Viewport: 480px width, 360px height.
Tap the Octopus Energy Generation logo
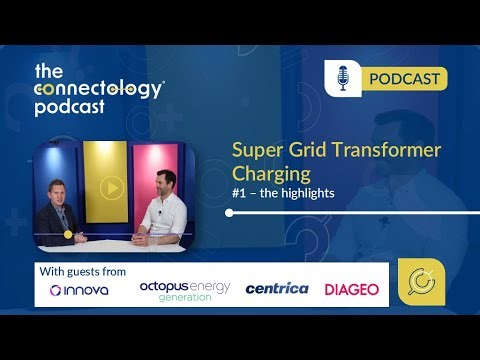coord(184,291)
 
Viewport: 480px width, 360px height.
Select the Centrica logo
coord(277,289)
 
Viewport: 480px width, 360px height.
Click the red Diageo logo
coord(352,290)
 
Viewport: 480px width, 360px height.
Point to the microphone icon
coord(343,78)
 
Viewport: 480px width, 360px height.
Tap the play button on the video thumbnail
coord(111,187)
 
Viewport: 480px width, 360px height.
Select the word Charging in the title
coord(264,173)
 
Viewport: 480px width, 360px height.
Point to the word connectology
coord(99,89)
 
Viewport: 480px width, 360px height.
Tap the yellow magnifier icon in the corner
coord(421,284)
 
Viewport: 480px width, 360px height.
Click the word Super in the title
coord(254,150)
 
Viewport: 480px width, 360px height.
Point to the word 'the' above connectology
coord(49,70)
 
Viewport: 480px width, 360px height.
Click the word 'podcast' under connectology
coord(69,109)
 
